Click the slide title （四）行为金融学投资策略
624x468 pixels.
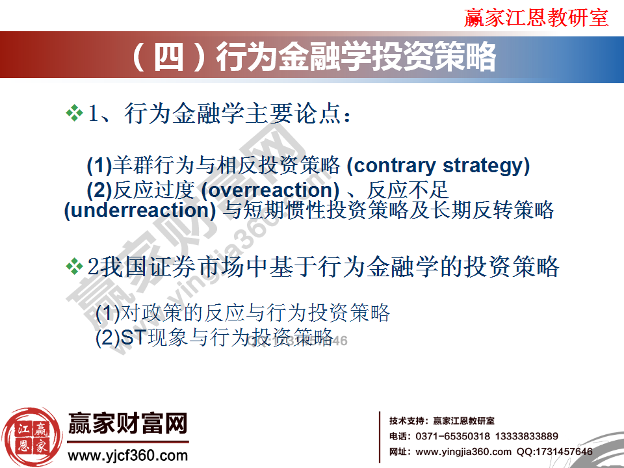point(312,57)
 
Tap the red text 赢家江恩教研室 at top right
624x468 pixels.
point(536,18)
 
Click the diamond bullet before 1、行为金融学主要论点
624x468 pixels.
point(75,114)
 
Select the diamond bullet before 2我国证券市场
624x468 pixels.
point(75,265)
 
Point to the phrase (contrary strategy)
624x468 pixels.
point(438,166)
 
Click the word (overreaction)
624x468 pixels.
point(270,190)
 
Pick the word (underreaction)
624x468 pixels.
point(140,211)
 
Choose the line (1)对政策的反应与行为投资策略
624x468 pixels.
point(242,313)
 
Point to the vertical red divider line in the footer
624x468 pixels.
point(380,436)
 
